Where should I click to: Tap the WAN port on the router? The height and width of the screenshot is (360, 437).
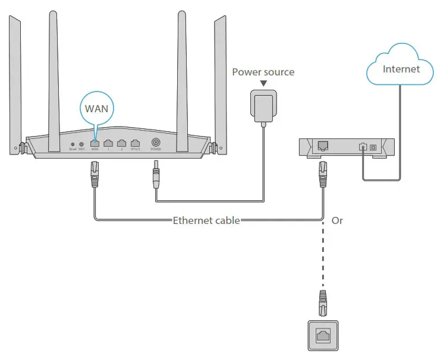[x=94, y=143]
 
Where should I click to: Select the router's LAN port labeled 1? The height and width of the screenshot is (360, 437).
[x=108, y=143]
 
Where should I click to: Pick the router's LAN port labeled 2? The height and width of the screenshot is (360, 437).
[x=122, y=143]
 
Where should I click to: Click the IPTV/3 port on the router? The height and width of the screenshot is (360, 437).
[x=136, y=143]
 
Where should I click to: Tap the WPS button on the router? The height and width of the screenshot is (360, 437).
[x=81, y=144]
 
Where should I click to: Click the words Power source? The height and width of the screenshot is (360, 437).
[x=263, y=72]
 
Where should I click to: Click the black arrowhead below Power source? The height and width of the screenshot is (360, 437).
[x=263, y=84]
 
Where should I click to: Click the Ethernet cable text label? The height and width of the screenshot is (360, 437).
[x=206, y=220]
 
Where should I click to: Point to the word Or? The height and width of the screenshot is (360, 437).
[x=337, y=220]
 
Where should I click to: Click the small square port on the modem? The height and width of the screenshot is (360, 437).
[x=373, y=146]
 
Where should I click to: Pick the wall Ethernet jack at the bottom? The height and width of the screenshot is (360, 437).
[x=323, y=335]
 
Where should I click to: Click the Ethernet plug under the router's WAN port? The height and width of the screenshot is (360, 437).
[x=95, y=176]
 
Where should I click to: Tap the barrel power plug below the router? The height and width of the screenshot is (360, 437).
[x=156, y=176]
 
